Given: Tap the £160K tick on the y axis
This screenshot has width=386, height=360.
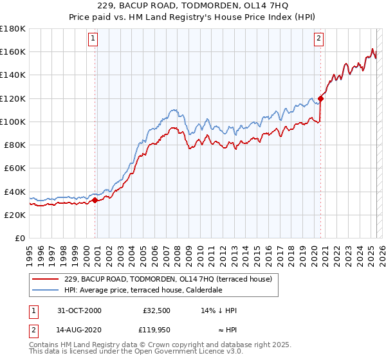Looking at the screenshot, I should click(x=13, y=51).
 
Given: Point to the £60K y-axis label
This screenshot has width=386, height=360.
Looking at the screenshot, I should click(x=14, y=168).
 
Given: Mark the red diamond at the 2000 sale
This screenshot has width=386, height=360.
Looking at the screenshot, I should click(x=95, y=200).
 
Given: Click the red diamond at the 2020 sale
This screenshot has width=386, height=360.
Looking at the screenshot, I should click(x=320, y=98).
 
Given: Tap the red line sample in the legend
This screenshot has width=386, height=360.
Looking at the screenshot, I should click(x=46, y=279).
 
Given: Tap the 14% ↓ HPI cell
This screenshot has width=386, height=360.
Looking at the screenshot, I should click(x=219, y=310).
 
